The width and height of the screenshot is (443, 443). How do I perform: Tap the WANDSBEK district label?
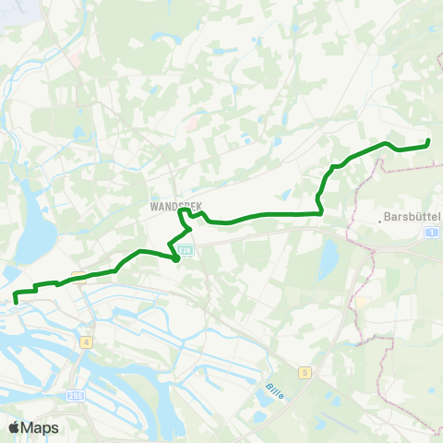coord(175,208)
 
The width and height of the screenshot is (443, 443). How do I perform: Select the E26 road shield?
coord(187,249)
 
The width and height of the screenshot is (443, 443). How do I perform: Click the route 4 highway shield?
coord(87,341)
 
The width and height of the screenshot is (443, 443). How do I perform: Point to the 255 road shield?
coord(75,395)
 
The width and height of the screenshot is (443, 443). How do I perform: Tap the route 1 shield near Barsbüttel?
coord(432,233)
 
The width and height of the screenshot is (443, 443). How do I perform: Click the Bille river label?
coord(273,390)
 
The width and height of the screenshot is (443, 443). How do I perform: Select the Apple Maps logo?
coord(33,427)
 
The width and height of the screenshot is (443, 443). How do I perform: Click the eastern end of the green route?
coord(428,141)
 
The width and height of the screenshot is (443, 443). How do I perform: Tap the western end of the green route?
coord(16,299)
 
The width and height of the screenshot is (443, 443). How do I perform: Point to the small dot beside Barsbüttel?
coord(379,221)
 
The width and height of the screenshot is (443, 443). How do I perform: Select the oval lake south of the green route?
coord(328,261)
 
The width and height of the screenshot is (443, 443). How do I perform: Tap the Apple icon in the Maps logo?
coord(14,427)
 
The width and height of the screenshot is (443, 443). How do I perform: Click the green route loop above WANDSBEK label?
coord(185,214)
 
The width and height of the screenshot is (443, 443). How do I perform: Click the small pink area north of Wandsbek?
coord(192,121)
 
